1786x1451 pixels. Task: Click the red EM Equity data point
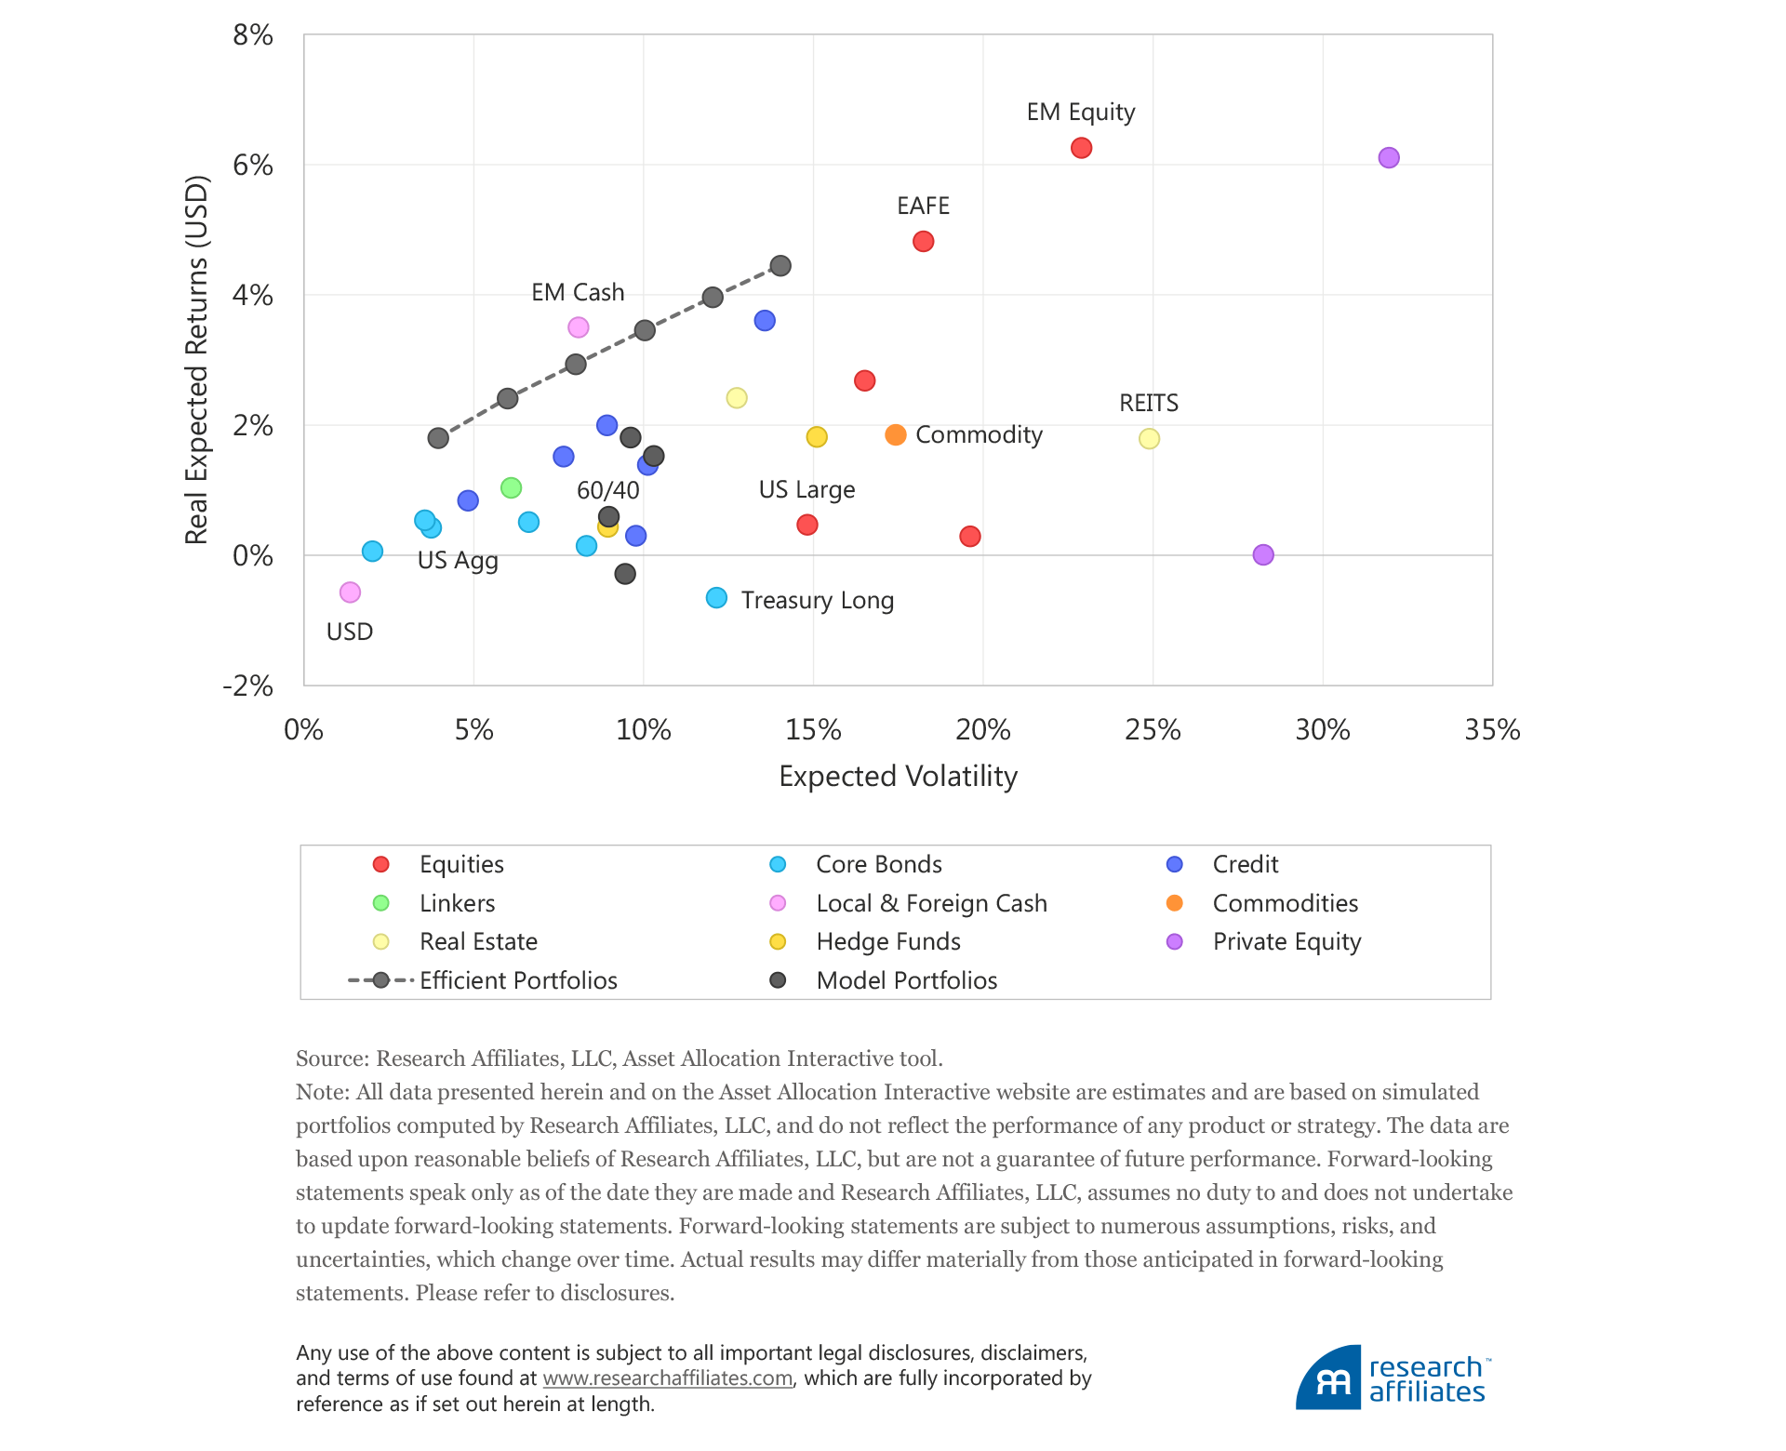pyautogui.click(x=1081, y=148)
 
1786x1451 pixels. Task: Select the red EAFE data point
pyautogui.click(x=923, y=242)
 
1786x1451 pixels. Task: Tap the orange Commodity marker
pyautogui.click(x=896, y=435)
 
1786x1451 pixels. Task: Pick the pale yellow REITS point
pyautogui.click(x=1149, y=439)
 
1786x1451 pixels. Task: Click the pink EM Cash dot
pyautogui.click(x=578, y=327)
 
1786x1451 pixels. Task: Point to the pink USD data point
pyautogui.click(x=350, y=592)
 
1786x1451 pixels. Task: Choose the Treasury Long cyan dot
pyautogui.click(x=716, y=598)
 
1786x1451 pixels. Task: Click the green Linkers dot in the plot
pyautogui.click(x=511, y=488)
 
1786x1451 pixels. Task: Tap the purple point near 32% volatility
pyautogui.click(x=1388, y=158)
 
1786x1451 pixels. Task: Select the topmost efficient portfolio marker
pyautogui.click(x=780, y=266)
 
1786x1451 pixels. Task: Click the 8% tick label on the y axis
pyautogui.click(x=253, y=35)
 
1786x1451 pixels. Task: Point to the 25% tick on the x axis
pyautogui.click(x=1153, y=730)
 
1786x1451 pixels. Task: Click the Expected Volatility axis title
pyautogui.click(x=898, y=777)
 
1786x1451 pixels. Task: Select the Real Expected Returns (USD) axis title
pyautogui.click(x=197, y=360)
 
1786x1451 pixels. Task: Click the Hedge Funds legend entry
pyautogui.click(x=887, y=942)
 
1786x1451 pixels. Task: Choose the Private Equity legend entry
pyautogui.click(x=1286, y=942)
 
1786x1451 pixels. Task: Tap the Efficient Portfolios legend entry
pyautogui.click(x=517, y=980)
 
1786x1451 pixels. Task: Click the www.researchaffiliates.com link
pyautogui.click(x=667, y=1378)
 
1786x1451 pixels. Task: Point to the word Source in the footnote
pyautogui.click(x=331, y=1058)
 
